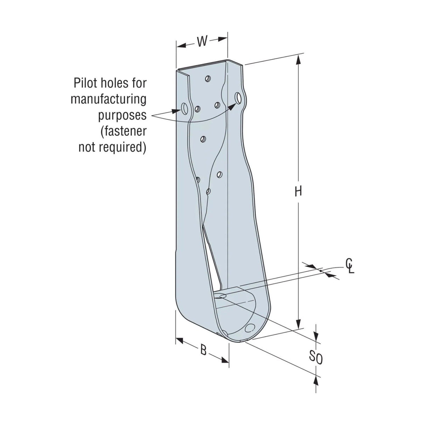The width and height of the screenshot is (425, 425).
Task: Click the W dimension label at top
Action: click(202, 41)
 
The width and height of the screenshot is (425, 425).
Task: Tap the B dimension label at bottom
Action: click(203, 350)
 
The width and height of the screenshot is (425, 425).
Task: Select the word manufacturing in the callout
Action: click(109, 99)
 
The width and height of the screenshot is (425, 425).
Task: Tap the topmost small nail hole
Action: click(208, 78)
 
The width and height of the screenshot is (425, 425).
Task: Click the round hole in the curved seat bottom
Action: click(250, 328)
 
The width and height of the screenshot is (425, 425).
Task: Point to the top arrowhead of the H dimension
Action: click(298, 60)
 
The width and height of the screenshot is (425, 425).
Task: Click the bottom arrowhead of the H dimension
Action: click(298, 325)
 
